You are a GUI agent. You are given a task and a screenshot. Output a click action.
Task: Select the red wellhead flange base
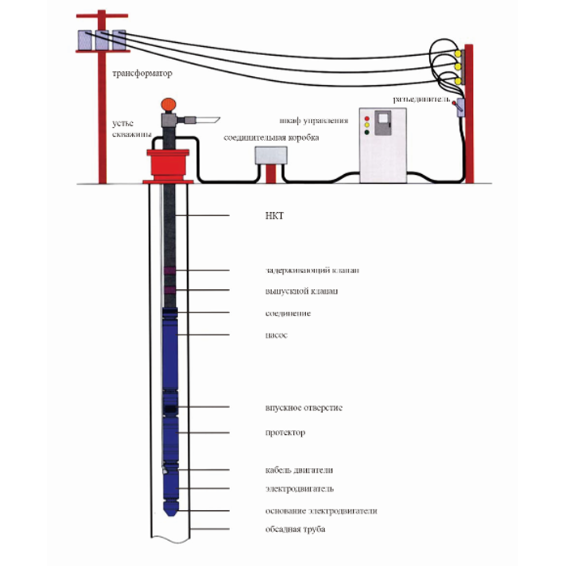tap(168, 166)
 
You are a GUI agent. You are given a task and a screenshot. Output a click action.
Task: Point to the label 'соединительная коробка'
tap(271, 138)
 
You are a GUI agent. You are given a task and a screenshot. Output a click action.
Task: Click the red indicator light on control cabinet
tap(368, 119)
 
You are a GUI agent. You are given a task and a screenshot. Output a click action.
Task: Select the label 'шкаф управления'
tap(314, 121)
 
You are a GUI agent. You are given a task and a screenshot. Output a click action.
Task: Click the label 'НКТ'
tap(275, 216)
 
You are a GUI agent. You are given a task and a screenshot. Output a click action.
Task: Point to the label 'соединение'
tap(287, 313)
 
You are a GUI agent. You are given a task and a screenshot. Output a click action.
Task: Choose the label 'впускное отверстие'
tap(304, 407)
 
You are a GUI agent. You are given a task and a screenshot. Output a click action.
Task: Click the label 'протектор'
tap(285, 432)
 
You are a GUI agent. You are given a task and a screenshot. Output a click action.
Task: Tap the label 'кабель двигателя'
tap(299, 470)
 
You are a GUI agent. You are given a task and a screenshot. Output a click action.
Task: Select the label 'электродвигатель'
tap(300, 489)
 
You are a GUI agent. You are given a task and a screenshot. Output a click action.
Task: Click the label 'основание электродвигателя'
tap(321, 511)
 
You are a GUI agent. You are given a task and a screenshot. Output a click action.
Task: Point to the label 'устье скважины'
tap(129, 130)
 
